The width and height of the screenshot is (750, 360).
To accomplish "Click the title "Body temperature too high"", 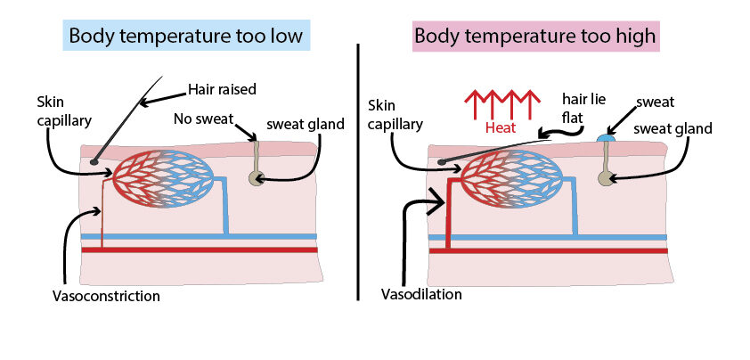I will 534,37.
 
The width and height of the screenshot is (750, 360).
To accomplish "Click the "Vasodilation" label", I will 421,293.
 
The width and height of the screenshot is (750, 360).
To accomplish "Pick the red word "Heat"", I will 501,127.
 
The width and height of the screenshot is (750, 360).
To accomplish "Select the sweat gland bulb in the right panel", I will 606,180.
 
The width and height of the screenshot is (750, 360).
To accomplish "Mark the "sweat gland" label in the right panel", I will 673,128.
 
